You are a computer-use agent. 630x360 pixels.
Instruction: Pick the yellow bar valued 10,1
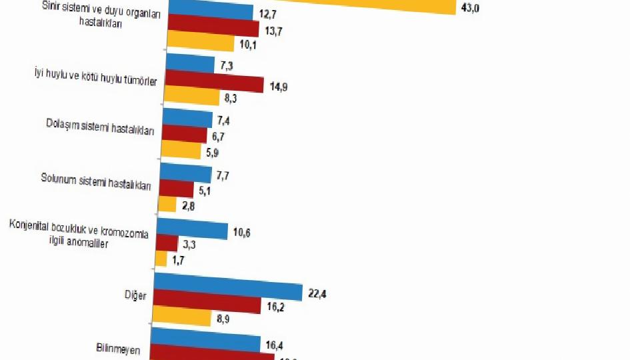[x=201, y=45]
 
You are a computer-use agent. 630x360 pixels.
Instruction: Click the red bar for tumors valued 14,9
[x=215, y=84]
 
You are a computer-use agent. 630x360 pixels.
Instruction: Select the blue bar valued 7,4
[x=188, y=119]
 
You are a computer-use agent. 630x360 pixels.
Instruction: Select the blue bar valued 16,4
[x=205, y=343]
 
